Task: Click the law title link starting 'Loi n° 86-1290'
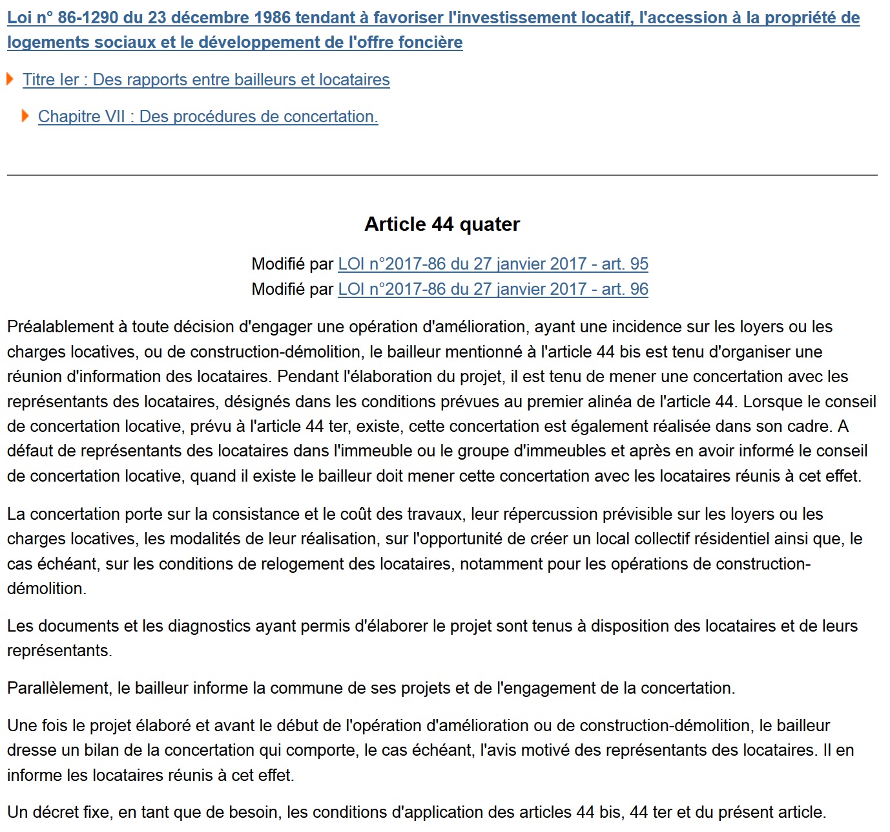[433, 18]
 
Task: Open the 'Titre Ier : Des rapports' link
[206, 80]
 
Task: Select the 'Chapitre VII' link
[208, 116]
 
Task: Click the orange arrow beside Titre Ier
[10, 79]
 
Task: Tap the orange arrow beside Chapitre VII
[25, 116]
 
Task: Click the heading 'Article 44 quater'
[442, 224]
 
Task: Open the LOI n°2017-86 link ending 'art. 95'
[493, 264]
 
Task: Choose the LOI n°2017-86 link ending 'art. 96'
[493, 289]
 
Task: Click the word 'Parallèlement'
[57, 688]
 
